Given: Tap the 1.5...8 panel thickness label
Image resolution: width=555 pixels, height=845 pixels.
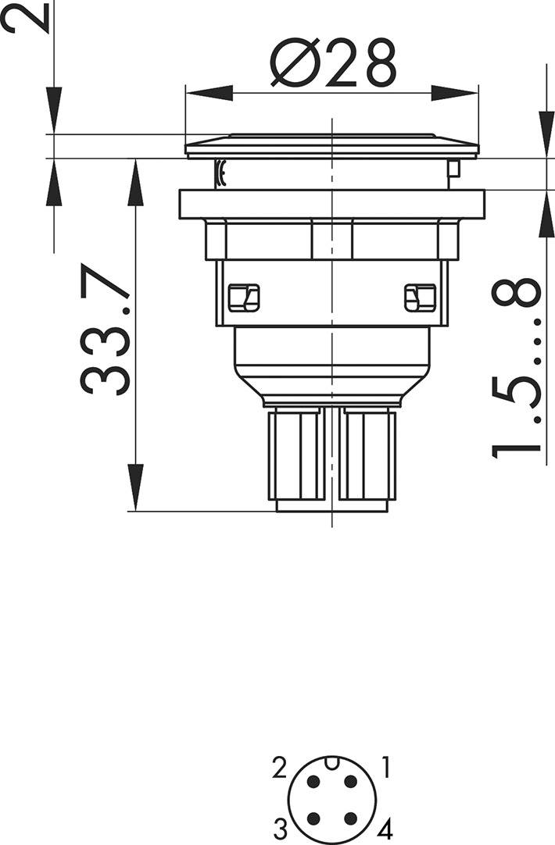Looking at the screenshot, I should [517, 367].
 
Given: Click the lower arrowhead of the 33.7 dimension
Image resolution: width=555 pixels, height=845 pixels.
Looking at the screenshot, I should [135, 488].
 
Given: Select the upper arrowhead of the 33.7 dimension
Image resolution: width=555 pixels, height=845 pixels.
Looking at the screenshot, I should [135, 181].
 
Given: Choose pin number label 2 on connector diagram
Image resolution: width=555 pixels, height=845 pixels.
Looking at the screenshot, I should [280, 768].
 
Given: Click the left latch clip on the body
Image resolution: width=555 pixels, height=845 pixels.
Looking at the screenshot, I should [242, 298].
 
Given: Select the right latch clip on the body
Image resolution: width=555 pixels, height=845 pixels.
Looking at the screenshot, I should [419, 298].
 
